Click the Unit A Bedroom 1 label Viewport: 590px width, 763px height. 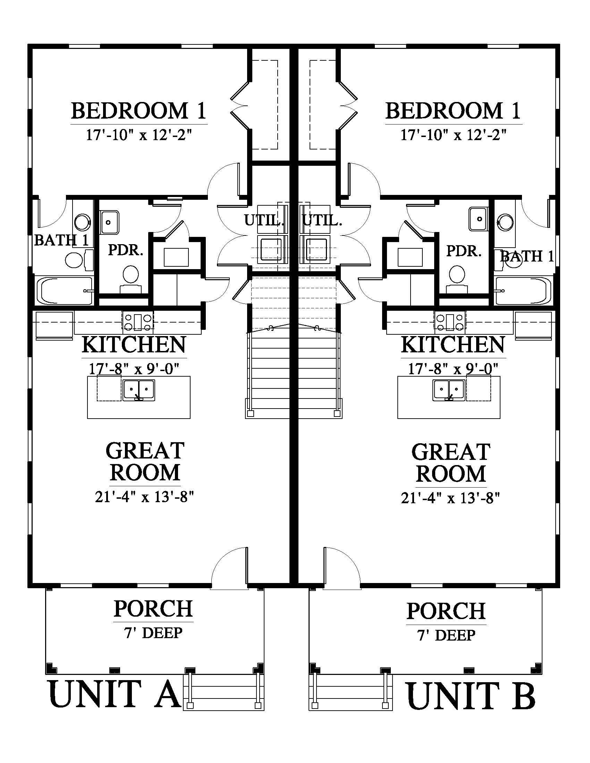(x=139, y=111)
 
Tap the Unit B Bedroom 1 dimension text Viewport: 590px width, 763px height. (x=453, y=134)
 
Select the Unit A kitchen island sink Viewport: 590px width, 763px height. (x=139, y=391)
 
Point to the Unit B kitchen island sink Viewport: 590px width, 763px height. (x=449, y=391)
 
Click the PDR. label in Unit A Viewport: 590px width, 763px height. (x=126, y=250)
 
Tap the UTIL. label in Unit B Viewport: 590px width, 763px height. (x=322, y=221)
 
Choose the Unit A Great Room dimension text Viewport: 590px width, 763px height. (x=144, y=496)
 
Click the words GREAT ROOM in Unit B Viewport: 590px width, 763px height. (x=451, y=463)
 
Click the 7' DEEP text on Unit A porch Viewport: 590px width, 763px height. (x=153, y=633)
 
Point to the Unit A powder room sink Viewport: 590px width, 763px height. (x=109, y=222)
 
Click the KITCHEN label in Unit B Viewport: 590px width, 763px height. (x=453, y=345)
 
